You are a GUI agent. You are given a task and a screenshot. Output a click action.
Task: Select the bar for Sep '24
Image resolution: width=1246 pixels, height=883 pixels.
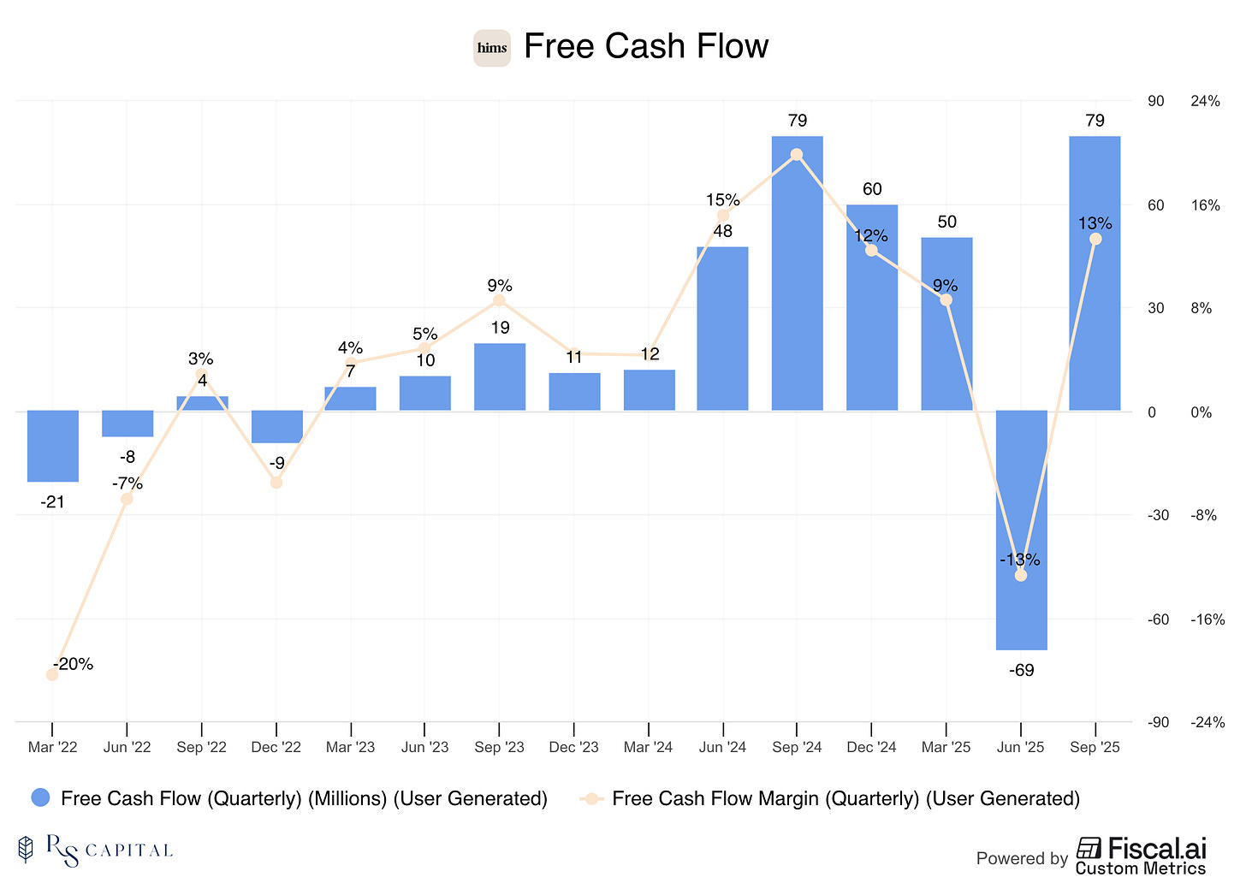(797, 274)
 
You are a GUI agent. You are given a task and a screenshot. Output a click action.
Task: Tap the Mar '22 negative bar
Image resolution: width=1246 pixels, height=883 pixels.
(52, 446)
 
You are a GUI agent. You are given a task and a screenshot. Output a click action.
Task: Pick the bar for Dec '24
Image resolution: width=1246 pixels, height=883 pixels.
(871, 308)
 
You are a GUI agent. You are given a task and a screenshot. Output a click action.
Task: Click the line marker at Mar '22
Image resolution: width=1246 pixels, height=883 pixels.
(52, 674)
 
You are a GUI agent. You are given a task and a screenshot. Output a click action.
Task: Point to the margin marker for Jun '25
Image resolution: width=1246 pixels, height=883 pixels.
(1020, 575)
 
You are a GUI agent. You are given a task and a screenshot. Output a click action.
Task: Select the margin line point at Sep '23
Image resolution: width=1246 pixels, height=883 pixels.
(499, 300)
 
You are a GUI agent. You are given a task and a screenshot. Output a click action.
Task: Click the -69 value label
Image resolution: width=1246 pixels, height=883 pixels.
(1021, 671)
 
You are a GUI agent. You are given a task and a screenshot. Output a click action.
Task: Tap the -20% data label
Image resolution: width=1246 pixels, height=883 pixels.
(74, 664)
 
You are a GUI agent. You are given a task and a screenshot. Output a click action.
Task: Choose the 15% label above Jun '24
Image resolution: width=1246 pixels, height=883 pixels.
(723, 200)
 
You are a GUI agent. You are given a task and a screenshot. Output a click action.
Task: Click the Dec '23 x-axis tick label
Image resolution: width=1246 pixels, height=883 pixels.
(573, 747)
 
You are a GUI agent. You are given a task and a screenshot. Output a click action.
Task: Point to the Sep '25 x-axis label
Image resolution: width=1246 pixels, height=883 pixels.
(1095, 747)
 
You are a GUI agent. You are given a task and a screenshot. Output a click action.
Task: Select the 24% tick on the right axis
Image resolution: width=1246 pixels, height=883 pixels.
(1205, 101)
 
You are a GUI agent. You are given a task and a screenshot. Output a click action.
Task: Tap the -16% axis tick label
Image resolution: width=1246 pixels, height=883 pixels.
(1207, 619)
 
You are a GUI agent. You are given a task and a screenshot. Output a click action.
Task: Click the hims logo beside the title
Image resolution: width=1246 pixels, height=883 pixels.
(492, 48)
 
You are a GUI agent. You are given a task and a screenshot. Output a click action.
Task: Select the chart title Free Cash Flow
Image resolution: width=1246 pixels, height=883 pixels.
(646, 46)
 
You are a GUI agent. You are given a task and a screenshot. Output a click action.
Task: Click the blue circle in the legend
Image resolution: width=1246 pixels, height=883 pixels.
(41, 798)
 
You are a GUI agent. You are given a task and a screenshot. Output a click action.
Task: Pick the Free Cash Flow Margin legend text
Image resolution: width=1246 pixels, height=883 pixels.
(845, 798)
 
